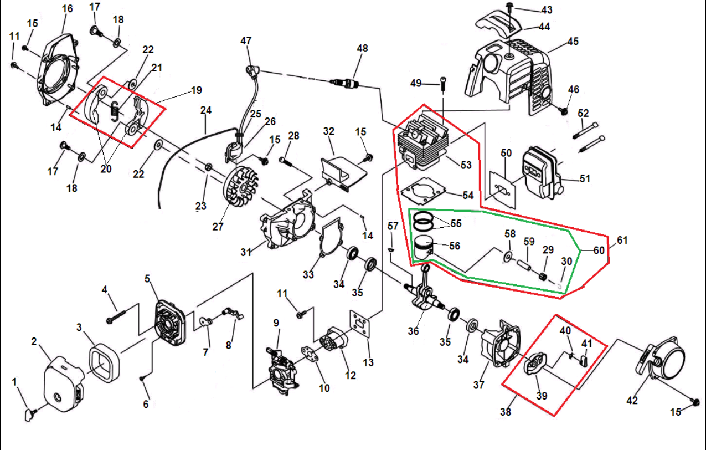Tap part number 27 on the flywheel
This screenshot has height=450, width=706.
coord(218,227)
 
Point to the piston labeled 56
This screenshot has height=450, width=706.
coord(425,248)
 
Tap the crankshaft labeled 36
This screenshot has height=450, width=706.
coord(424,294)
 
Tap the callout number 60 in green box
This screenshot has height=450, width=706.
coord(599,250)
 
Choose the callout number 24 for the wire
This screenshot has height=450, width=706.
coord(206,110)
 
